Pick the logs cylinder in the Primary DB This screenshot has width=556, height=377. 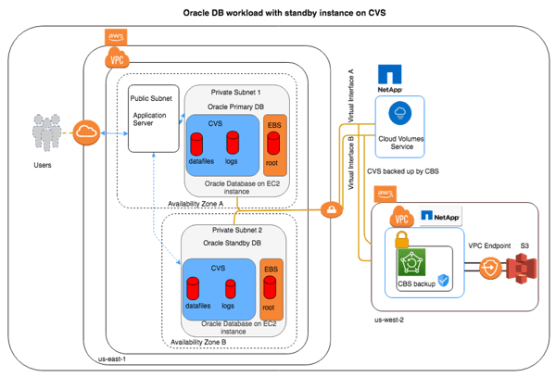(x=233, y=143)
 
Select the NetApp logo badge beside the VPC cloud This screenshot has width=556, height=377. (x=440, y=216)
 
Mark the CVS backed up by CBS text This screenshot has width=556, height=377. (x=406, y=170)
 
